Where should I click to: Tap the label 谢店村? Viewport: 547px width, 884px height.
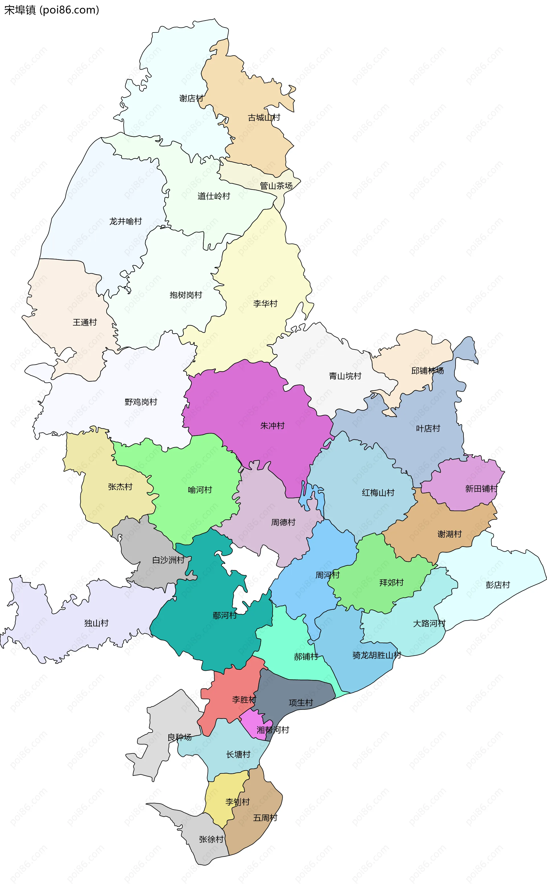191,98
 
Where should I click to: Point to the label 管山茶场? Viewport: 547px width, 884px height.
276,186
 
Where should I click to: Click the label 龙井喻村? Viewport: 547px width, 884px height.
126,221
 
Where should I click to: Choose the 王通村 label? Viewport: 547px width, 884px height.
85,322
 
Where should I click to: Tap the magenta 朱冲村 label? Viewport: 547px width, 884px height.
272,426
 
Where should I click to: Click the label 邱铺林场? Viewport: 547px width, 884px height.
427,371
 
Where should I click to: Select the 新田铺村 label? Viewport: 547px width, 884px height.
481,489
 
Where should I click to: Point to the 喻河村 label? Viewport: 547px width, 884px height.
200,490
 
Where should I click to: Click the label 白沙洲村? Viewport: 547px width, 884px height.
168,560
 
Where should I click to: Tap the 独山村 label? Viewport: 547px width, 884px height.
96,623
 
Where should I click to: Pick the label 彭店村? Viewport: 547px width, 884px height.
497,585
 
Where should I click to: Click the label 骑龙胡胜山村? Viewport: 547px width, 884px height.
377,655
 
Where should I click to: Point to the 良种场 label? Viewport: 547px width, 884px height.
179,737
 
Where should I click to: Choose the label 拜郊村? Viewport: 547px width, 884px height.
391,582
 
